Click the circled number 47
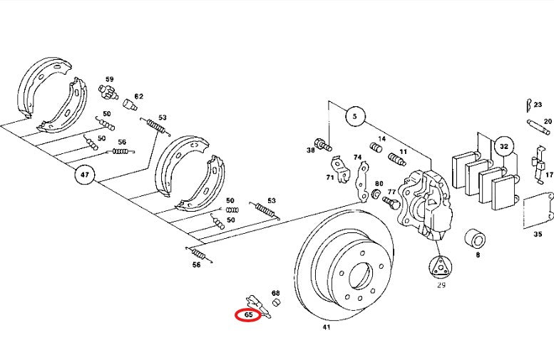[85, 175]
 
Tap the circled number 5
[355, 116]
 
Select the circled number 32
[504, 146]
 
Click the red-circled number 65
[248, 315]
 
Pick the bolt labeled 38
[323, 144]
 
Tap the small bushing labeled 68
[277, 302]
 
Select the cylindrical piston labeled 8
[475, 240]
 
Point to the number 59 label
[110, 79]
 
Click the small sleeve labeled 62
[129, 105]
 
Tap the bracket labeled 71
[339, 170]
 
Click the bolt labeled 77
[391, 202]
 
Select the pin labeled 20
[538, 127]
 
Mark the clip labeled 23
[528, 105]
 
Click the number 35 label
[538, 234]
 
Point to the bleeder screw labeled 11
[396, 159]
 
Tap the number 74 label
[357, 157]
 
